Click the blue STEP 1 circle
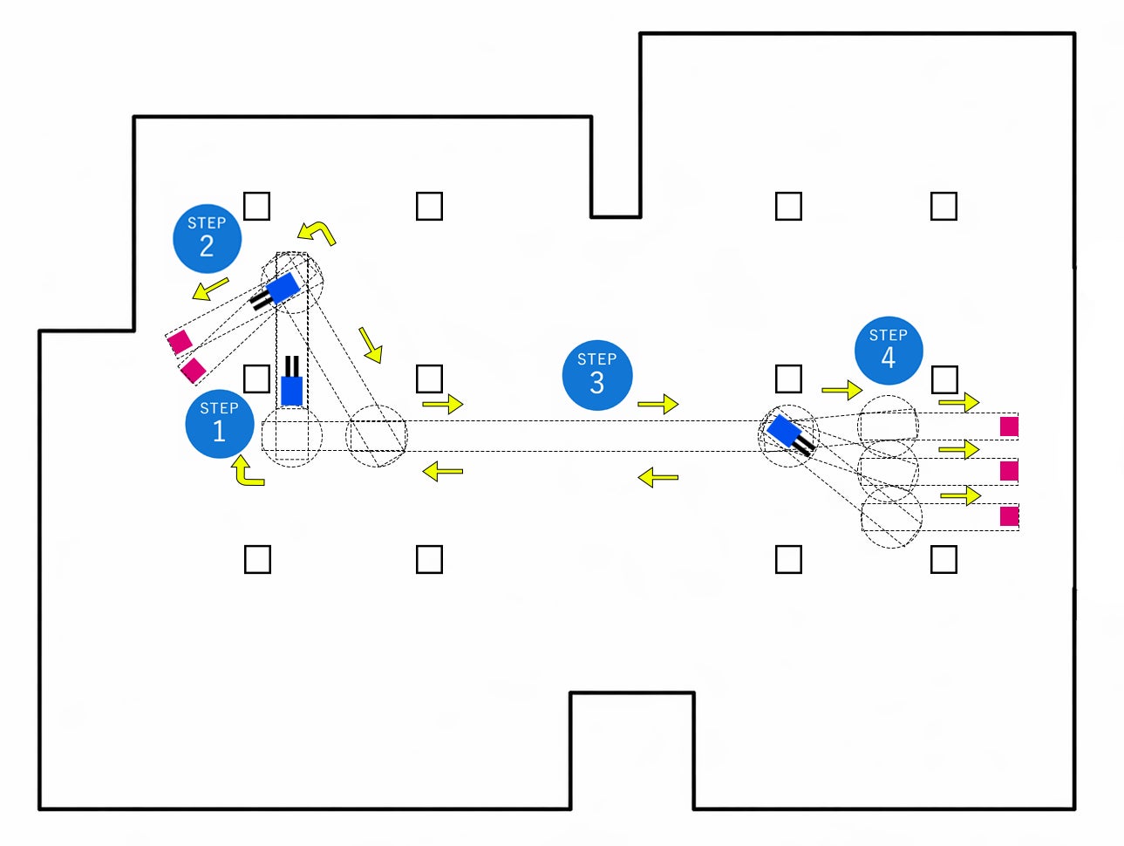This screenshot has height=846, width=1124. pyautogui.click(x=220, y=424)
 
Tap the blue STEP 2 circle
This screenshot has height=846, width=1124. pyautogui.click(x=208, y=239)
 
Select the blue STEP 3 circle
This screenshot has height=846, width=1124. pyautogui.click(x=597, y=375)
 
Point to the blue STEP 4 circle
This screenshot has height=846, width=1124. pyautogui.click(x=889, y=351)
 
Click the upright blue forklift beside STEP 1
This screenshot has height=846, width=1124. pyautogui.click(x=292, y=381)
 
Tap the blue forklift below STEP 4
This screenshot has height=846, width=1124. pyautogui.click(x=790, y=435)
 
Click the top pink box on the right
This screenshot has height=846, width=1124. pyautogui.click(x=1009, y=426)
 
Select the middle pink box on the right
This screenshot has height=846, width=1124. pyautogui.click(x=1009, y=471)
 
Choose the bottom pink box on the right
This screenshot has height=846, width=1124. pyautogui.click(x=1009, y=516)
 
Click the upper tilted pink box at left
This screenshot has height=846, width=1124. pyautogui.click(x=181, y=342)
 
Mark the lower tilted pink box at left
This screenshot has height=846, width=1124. pyautogui.click(x=193, y=371)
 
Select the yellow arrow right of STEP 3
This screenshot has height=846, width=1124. pyautogui.click(x=658, y=404)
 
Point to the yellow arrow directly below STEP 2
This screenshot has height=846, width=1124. pyautogui.click(x=210, y=289)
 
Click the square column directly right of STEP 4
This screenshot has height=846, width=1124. pyautogui.click(x=944, y=379)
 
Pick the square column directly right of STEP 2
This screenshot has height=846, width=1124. pyautogui.click(x=256, y=206)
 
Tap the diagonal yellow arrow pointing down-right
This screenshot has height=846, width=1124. pyautogui.click(x=371, y=345)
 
